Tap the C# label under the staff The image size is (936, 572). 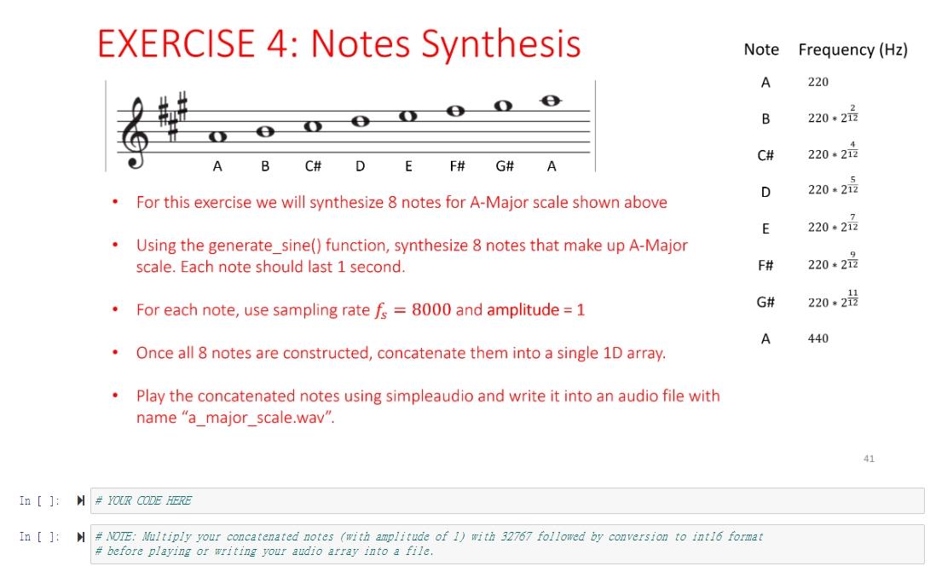click(x=313, y=167)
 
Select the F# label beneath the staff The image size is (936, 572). click(x=456, y=167)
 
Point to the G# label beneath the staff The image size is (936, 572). click(x=505, y=167)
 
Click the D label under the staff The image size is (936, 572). click(x=361, y=167)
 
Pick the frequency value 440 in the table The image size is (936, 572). click(x=818, y=338)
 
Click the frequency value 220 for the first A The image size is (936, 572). click(x=818, y=83)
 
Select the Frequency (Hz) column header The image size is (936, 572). click(x=852, y=49)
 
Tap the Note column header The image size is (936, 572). click(x=761, y=49)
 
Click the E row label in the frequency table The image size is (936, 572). click(x=766, y=228)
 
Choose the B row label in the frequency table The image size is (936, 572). click(x=766, y=120)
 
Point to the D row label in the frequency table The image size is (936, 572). click(x=766, y=192)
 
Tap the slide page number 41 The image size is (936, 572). click(x=869, y=459)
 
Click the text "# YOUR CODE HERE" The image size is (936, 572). click(x=143, y=500)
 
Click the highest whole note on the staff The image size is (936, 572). click(x=552, y=101)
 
